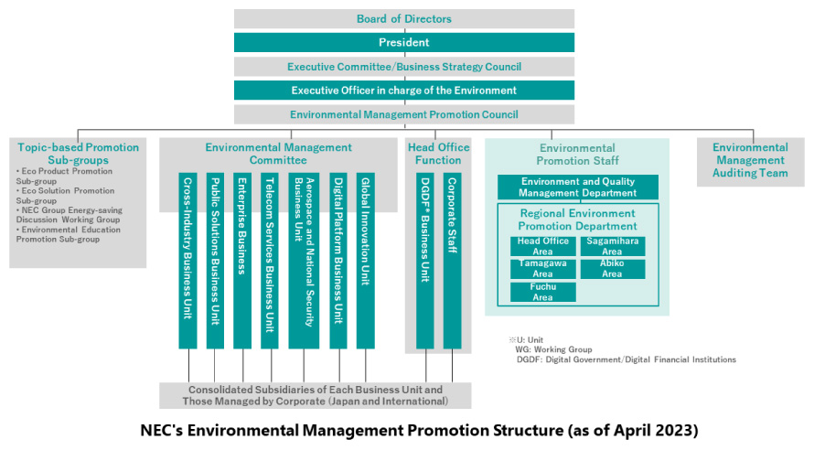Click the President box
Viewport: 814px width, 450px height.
(404, 43)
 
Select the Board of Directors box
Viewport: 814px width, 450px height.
(404, 18)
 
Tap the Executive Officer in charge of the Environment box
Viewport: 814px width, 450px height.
(404, 91)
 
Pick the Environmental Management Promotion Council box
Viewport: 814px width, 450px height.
(404, 114)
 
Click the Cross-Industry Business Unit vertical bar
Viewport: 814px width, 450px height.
(187, 261)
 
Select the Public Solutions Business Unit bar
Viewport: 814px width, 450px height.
(216, 261)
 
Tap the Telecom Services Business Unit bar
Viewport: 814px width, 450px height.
(270, 261)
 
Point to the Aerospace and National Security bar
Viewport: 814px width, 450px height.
(304, 261)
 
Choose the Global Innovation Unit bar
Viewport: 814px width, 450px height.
(366, 261)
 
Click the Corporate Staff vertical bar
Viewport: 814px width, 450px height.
(452, 261)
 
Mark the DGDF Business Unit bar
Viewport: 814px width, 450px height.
(425, 261)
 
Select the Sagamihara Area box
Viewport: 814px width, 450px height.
(613, 246)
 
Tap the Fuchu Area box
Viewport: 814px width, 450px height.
(543, 292)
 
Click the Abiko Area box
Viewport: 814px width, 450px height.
(613, 269)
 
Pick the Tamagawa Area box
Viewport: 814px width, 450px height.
(543, 269)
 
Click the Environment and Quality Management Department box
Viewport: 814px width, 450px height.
(578, 187)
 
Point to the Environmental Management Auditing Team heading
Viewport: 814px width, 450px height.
(750, 160)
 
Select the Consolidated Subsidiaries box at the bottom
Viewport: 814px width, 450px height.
(316, 395)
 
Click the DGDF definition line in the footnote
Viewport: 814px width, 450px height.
(627, 359)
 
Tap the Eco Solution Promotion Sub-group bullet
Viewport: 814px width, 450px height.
(65, 196)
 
